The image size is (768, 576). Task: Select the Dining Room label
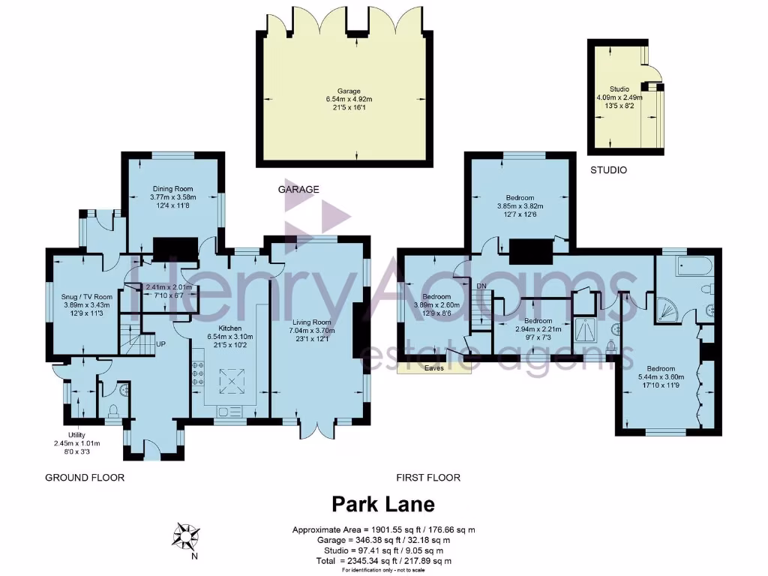point(172,189)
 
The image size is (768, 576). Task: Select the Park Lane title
point(383,503)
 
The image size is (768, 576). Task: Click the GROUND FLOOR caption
point(85,478)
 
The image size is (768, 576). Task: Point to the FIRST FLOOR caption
point(428,478)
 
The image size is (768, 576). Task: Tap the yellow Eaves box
point(433,368)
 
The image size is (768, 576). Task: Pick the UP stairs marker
point(160,344)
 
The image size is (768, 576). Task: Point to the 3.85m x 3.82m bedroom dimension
point(520,206)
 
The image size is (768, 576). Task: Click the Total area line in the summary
point(383,561)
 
